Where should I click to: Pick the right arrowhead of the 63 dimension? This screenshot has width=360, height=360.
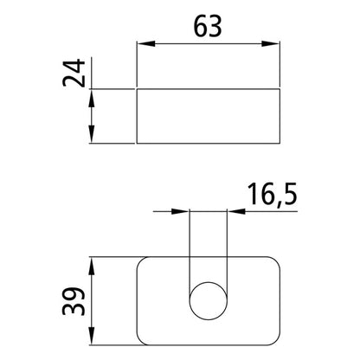point(276,45)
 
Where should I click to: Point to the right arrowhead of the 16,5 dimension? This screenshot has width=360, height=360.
point(232,210)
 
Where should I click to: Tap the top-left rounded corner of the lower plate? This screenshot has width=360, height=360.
point(143,262)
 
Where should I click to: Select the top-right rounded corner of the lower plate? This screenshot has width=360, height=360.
point(276,262)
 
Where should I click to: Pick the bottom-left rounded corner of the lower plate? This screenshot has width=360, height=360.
point(143,334)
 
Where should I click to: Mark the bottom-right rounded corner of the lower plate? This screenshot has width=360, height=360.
point(276,334)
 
